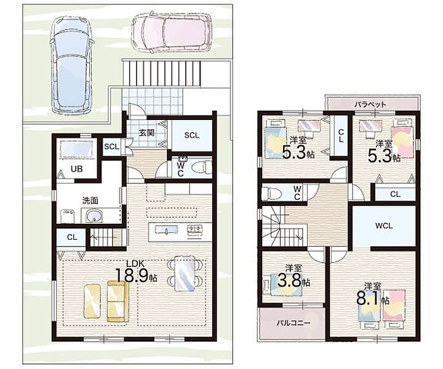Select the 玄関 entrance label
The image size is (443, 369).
pyautogui.click(x=146, y=132)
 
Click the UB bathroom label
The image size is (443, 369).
pyautogui.click(x=76, y=169)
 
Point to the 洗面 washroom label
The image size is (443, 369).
pyautogui.click(x=90, y=200)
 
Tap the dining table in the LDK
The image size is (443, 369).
pyautogui.click(x=185, y=273)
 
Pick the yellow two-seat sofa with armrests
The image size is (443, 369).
pyautogui.click(x=118, y=301)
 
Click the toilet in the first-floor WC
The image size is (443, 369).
pyautogui.click(x=202, y=167)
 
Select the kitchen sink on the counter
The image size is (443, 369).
pyautogui.click(x=166, y=230)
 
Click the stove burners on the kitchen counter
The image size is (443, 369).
pyautogui.click(x=195, y=229)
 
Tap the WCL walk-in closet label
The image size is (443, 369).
pyautogui.click(x=384, y=226)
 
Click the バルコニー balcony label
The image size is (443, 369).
pyautogui.click(x=293, y=323)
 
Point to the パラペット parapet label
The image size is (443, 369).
pyautogui.click(x=370, y=105)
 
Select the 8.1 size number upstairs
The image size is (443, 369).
pyautogui.click(x=368, y=299)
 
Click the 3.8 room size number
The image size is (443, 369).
pyautogui.click(x=290, y=280)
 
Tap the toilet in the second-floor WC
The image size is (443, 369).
pyautogui.click(x=271, y=193)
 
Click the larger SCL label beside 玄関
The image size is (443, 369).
pyautogui.click(x=191, y=135)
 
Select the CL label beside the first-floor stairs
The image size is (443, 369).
pyautogui.click(x=72, y=237)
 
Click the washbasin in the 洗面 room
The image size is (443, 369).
pyautogui.click(x=93, y=216)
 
